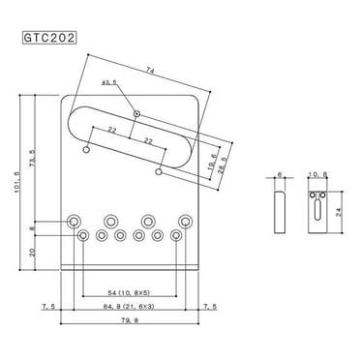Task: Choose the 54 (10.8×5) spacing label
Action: click(x=132, y=290)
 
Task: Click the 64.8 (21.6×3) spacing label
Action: click(x=132, y=306)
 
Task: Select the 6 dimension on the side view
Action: click(x=282, y=175)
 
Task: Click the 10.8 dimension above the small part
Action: click(x=319, y=175)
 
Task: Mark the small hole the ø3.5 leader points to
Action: click(x=138, y=115)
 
